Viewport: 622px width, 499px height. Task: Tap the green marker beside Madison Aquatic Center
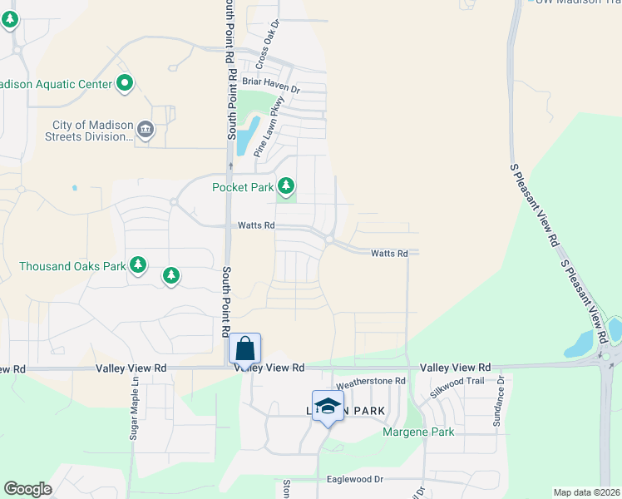coord(125,82)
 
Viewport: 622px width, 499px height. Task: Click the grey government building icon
coord(146,129)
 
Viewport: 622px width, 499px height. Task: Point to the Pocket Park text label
coord(243,187)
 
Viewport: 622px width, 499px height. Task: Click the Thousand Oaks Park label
coord(72,266)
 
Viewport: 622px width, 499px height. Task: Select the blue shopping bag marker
coord(245,348)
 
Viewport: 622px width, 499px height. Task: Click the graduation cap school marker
coord(328,406)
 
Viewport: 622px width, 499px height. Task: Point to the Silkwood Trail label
coord(456,390)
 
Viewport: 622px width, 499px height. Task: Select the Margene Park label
coord(418,432)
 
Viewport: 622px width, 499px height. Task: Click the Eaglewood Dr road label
coord(354,479)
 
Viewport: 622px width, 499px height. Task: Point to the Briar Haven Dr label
coord(270,81)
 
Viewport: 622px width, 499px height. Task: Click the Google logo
coord(27,489)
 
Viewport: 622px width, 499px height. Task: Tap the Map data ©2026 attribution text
coord(586,492)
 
